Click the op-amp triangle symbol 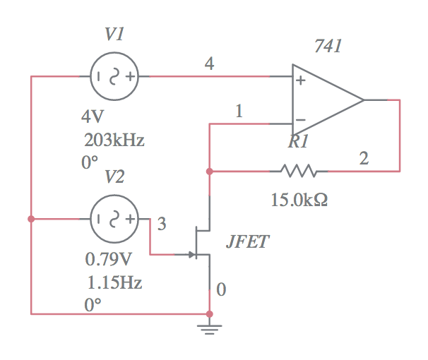pos(325,100)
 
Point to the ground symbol pos(209,327)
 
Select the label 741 pos(328,47)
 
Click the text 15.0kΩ pos(299,200)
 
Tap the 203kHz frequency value pos(114,140)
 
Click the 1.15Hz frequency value pos(114,282)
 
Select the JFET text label pos(247,242)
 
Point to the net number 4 pos(209,64)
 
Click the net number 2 pos(363,159)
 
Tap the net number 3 pos(162,224)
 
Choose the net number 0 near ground pos(221,289)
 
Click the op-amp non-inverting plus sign pos(301,80)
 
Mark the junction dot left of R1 pos(209,171)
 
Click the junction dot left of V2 pos(31,219)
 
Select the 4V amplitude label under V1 pos(92,116)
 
